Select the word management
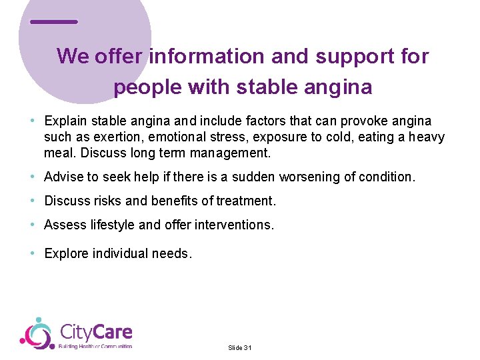(229, 153)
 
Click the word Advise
(62, 177)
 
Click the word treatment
(247, 201)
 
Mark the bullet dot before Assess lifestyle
(33, 225)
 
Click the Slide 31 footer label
(239, 348)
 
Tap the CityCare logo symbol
(37, 333)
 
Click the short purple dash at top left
(54, 22)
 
